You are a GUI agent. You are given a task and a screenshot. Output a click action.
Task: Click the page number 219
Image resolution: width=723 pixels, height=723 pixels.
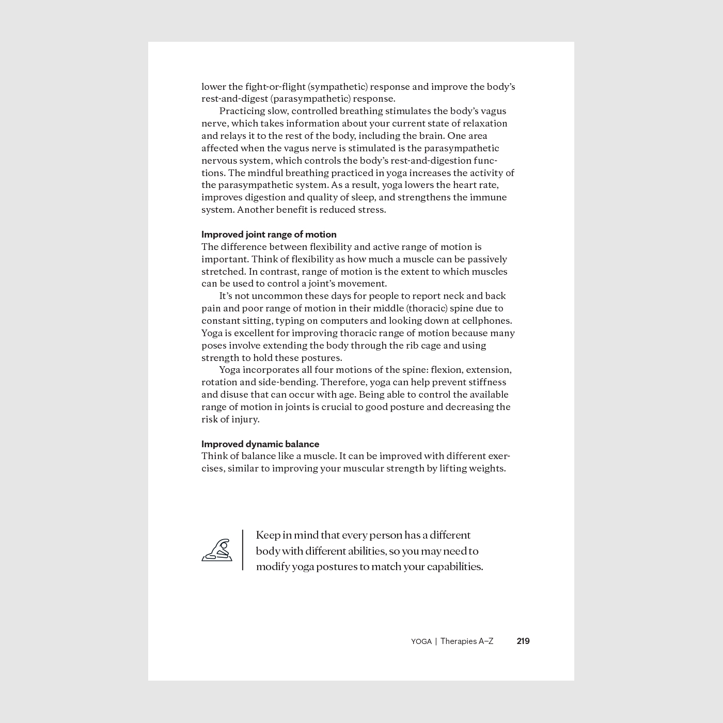(523, 641)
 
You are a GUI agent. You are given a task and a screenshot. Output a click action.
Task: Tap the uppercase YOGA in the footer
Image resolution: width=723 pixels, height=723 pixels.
(421, 641)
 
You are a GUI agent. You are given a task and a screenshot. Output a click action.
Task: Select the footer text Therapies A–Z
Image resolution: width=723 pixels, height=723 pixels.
(467, 641)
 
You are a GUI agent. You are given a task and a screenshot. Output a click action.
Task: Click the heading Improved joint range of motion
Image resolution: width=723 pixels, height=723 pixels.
(269, 234)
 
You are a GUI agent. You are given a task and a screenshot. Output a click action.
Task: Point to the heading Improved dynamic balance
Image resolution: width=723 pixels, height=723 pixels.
(260, 444)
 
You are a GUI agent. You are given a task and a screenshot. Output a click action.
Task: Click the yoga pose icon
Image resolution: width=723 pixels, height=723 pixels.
(217, 551)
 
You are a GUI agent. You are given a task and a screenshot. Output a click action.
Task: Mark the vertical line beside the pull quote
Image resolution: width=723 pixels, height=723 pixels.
(243, 550)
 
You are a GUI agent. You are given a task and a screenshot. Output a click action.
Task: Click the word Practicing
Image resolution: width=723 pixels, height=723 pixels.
(242, 111)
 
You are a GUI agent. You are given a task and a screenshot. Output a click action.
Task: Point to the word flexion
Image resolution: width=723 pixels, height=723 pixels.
(446, 370)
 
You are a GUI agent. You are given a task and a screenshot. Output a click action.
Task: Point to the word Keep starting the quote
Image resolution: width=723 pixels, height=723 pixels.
(267, 535)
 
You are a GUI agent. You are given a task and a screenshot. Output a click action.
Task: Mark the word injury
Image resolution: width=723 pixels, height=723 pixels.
(245, 419)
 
